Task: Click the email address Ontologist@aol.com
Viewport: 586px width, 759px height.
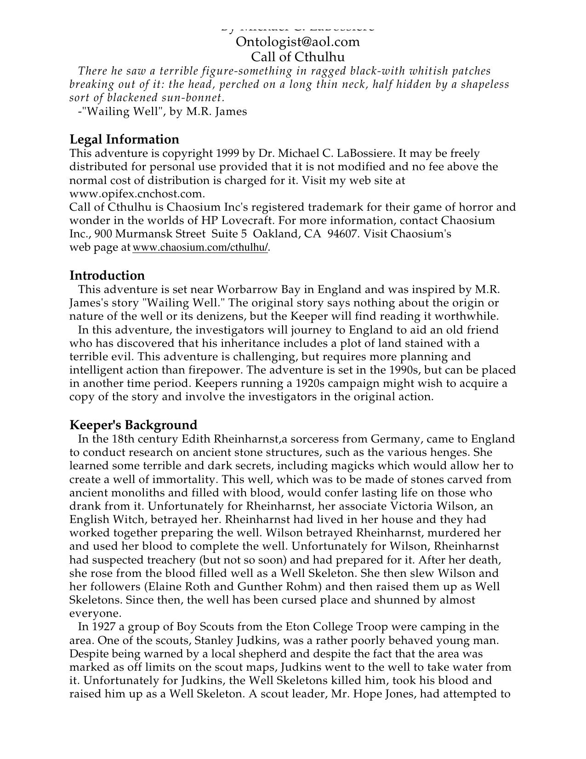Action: click(297, 42)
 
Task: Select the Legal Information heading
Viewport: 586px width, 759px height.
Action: click(124, 139)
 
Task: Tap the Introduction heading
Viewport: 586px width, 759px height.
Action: click(107, 276)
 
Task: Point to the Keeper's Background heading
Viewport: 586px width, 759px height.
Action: click(133, 425)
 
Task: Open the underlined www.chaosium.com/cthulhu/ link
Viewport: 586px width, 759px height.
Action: click(200, 247)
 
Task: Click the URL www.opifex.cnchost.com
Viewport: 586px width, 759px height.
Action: click(137, 194)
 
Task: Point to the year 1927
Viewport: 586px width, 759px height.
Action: click(105, 627)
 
